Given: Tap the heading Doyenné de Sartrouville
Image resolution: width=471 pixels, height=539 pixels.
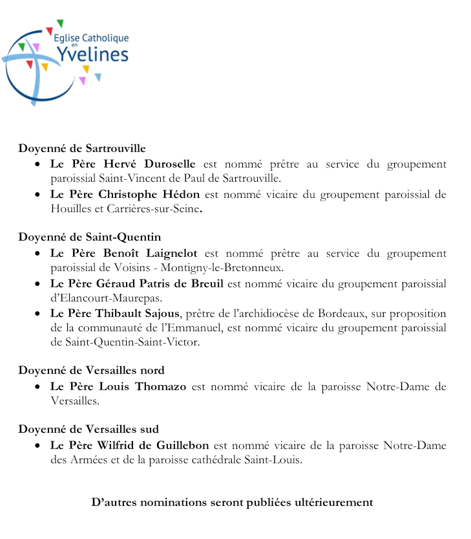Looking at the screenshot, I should (x=82, y=148).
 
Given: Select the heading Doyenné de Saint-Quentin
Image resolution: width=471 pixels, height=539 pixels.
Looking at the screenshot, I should (x=89, y=237).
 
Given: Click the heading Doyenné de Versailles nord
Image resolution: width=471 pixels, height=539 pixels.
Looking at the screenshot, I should (x=91, y=370).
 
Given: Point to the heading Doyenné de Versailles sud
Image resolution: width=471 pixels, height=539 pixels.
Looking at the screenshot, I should (x=89, y=429).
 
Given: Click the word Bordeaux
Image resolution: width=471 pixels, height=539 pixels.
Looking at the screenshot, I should (x=342, y=314).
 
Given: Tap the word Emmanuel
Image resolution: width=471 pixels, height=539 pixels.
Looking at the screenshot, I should (x=223, y=328).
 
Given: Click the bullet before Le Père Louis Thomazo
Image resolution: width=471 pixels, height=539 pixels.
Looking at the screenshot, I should (x=38, y=387).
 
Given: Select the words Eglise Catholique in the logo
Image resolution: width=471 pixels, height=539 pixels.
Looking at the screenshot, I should (x=91, y=39).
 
